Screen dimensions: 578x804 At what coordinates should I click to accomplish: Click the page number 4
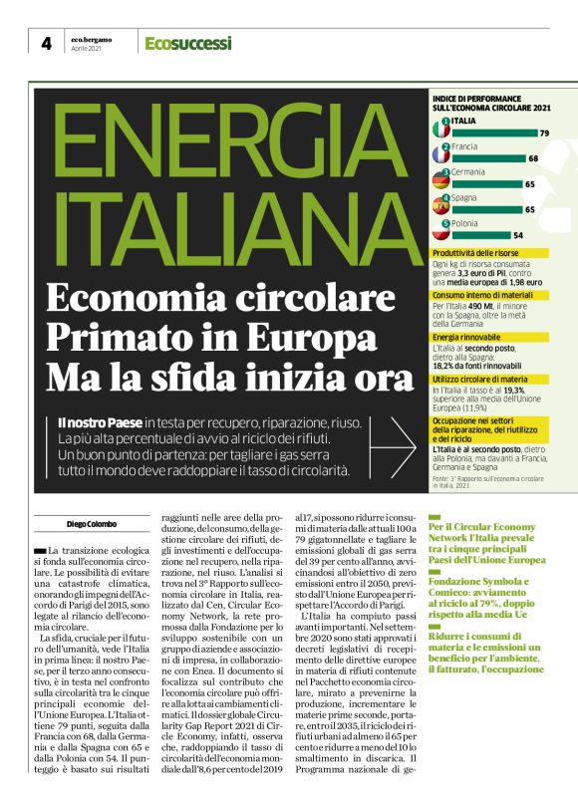46,43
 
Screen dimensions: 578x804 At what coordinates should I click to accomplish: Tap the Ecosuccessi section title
187,43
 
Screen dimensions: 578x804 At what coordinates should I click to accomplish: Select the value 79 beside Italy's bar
544,133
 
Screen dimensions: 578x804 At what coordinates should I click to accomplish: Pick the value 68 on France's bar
533,158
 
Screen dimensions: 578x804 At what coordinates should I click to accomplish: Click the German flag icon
440,180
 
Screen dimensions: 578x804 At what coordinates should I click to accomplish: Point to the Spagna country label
464,197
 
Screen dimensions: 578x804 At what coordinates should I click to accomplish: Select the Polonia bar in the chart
479,235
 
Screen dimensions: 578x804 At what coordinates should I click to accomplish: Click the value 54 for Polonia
517,235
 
